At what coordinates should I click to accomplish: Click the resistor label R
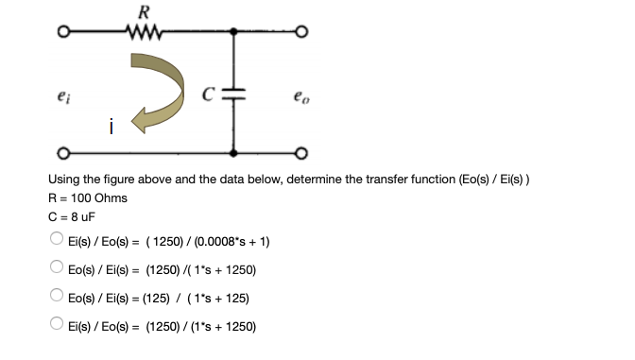[x=144, y=12]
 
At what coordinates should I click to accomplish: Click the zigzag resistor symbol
[x=144, y=34]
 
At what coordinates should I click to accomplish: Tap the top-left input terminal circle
[x=61, y=35]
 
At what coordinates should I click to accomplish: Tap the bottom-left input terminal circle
[x=61, y=153]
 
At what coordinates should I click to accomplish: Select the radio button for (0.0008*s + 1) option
[x=58, y=241]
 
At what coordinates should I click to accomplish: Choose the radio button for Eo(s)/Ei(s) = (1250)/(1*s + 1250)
[x=58, y=269]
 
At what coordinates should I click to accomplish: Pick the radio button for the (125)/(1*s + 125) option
[x=58, y=298]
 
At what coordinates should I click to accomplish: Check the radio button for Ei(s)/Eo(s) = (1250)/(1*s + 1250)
[x=58, y=326]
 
